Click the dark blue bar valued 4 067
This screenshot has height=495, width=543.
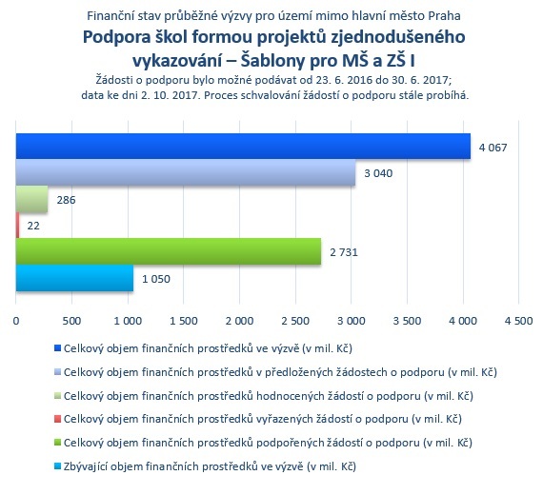243,146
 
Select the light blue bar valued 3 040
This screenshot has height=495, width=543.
186,172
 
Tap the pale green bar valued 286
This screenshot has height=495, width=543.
31,199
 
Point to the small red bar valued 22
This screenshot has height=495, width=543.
17,226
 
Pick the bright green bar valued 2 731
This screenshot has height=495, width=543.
169,251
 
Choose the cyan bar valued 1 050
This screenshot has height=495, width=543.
74,278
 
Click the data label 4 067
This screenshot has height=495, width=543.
493,148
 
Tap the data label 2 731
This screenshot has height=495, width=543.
344,252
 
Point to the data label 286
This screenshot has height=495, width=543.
66,200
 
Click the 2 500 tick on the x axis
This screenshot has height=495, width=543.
295,321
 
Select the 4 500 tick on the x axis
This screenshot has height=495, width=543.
518,321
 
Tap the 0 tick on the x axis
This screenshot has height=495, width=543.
16,321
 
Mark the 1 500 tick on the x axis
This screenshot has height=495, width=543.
184,321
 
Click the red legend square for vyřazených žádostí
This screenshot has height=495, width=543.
57,419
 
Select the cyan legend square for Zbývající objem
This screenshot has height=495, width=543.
57,466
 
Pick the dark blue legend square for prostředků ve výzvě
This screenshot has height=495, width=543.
57,348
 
